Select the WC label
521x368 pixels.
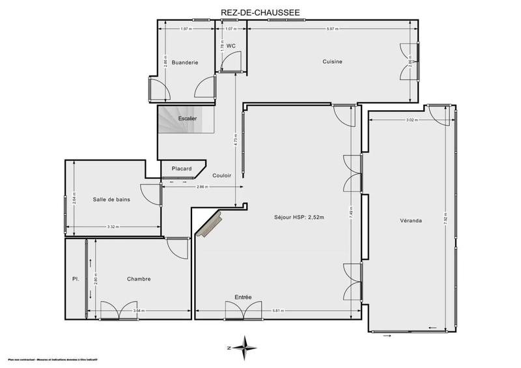(x=231, y=46)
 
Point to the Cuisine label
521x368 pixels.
(x=332, y=62)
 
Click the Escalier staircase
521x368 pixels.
(x=188, y=119)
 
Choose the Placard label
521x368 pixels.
(x=182, y=169)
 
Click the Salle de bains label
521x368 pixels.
(x=111, y=199)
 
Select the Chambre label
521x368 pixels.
(x=139, y=279)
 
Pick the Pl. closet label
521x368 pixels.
(x=76, y=279)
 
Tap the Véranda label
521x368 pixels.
(x=411, y=221)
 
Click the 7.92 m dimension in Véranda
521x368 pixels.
(x=445, y=218)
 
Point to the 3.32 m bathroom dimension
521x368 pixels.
(x=113, y=227)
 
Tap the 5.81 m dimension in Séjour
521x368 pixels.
(x=277, y=311)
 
